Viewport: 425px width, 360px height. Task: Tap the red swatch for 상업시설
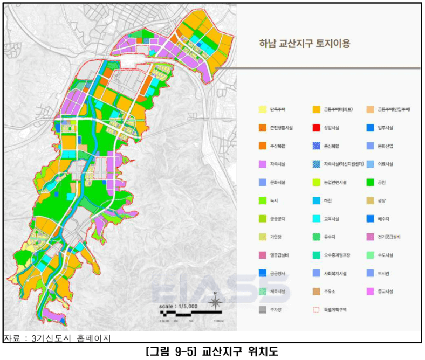click(x=316, y=128)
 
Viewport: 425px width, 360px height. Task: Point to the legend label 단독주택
click(x=278, y=109)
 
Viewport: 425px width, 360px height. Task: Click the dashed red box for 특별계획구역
click(x=316, y=309)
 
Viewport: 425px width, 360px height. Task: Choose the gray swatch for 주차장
click(x=262, y=309)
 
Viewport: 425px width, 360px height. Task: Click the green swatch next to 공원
click(x=369, y=182)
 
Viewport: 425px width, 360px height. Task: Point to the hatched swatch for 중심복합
click(x=316, y=146)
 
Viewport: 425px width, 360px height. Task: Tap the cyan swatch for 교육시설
click(x=316, y=218)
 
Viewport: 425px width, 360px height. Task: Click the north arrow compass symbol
click(x=215, y=302)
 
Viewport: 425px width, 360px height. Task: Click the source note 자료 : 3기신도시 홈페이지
click(x=57, y=338)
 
